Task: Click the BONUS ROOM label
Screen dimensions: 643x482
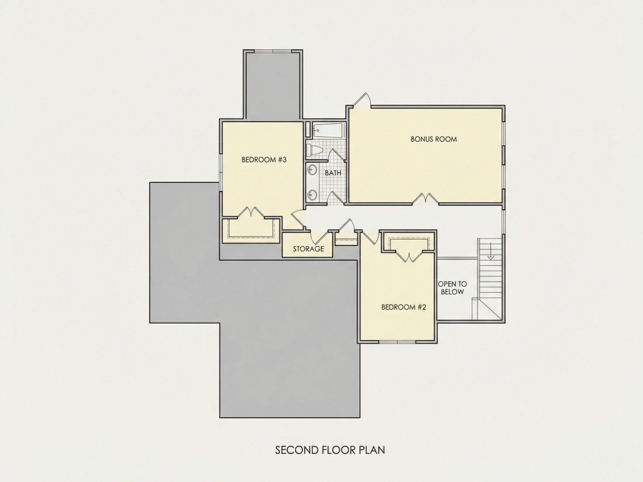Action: (x=434, y=139)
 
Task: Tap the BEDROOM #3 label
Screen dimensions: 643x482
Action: (x=264, y=159)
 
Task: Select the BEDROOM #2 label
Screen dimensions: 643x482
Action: (x=404, y=307)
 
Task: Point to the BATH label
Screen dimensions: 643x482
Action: (x=333, y=173)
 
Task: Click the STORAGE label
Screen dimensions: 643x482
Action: (x=309, y=249)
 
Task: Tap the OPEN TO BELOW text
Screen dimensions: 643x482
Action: (x=452, y=287)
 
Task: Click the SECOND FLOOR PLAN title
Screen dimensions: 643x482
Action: (x=330, y=450)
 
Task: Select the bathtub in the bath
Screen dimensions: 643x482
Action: (x=329, y=130)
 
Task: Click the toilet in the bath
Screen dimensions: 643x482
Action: (x=315, y=150)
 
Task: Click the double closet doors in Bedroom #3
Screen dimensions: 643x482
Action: (x=251, y=212)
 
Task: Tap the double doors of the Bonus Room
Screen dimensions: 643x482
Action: (x=425, y=198)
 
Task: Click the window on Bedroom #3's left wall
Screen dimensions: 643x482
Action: (x=220, y=168)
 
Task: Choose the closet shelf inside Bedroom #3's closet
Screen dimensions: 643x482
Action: (x=250, y=231)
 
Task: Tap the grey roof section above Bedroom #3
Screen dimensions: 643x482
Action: (x=273, y=85)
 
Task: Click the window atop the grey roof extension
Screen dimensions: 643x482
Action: (x=273, y=51)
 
